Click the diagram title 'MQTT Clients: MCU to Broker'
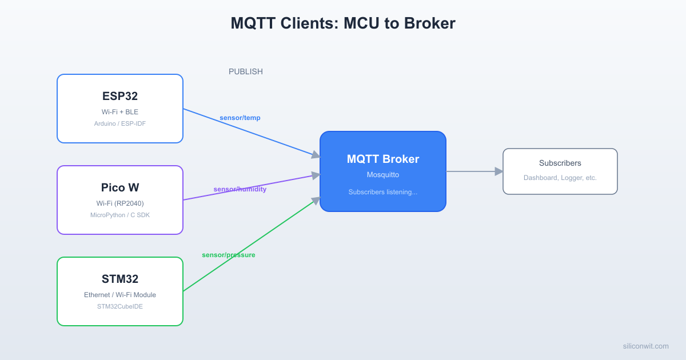pos(343,23)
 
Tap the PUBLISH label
pos(246,71)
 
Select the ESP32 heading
pos(120,96)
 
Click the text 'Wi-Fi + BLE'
pos(120,112)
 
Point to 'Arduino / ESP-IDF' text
pos(120,123)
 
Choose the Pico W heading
pos(120,187)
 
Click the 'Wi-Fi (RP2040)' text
pos(120,203)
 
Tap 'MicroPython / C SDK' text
pos(120,215)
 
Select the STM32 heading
pos(120,279)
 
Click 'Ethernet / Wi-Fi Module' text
pos(120,295)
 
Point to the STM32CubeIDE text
pos(120,306)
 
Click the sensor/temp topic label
pos(240,118)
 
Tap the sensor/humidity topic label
pos(240,189)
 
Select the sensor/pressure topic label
pos(229,255)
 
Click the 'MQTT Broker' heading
pos(383,159)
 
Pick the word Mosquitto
pos(383,175)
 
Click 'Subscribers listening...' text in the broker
pos(383,192)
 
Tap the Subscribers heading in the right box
pos(560,163)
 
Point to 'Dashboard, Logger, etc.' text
pos(560,178)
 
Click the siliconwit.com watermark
pos(646,346)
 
